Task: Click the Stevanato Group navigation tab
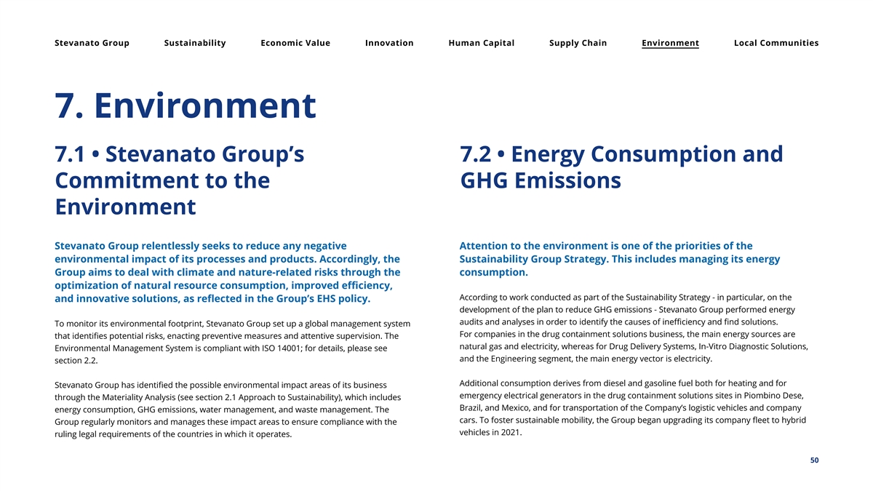point(92,43)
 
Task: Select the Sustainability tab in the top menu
point(195,43)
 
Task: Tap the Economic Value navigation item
point(295,43)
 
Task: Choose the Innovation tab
point(389,43)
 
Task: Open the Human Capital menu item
point(482,43)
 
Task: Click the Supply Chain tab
point(578,43)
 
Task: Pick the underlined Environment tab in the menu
point(670,43)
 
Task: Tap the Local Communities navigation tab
point(776,43)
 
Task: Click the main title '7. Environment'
point(186,106)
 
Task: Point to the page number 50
point(814,460)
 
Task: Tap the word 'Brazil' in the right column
point(474,408)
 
